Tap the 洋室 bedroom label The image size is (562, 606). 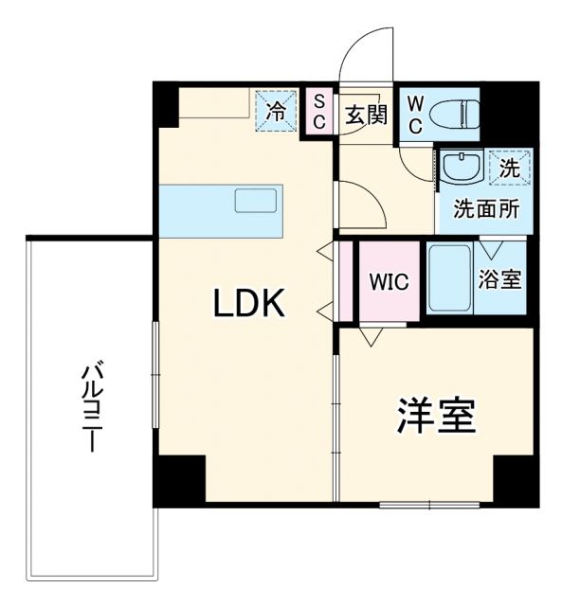tap(436, 417)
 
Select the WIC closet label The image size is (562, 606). tap(389, 282)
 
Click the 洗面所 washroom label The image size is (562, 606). tap(485, 210)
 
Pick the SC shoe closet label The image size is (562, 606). tap(319, 113)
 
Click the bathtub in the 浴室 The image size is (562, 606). tap(448, 278)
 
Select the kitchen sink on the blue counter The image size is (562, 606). tap(256, 202)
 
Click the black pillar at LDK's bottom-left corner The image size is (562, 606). tap(181, 478)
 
